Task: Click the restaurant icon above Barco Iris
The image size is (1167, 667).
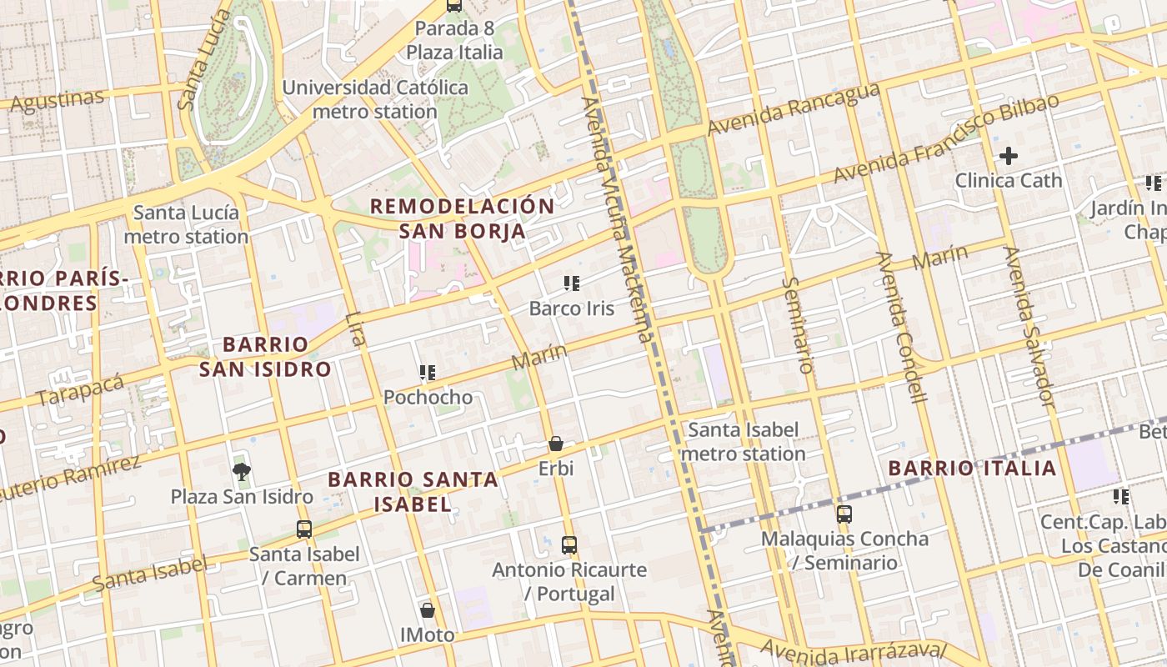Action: tap(571, 283)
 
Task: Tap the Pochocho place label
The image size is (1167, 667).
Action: tap(428, 397)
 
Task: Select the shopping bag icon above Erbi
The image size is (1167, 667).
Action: tap(556, 444)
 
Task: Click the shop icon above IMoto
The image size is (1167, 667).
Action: tap(428, 610)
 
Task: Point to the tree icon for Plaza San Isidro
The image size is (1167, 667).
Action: tap(242, 473)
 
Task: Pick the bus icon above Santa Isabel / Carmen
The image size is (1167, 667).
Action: tap(304, 529)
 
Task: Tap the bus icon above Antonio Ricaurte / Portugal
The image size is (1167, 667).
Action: tap(569, 545)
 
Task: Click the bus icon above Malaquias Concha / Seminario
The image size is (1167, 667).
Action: tap(844, 514)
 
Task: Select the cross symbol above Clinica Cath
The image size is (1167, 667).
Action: tap(1009, 156)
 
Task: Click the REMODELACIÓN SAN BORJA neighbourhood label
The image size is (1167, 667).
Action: tap(462, 218)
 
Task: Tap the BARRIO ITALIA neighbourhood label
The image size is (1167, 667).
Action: tap(972, 468)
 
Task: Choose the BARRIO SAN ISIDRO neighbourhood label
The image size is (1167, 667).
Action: tap(265, 357)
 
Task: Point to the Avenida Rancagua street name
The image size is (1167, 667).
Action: tap(794, 109)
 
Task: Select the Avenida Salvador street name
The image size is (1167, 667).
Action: tap(1029, 327)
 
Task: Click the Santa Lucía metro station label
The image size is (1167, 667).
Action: tap(186, 224)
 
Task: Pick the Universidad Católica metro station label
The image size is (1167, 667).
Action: tap(375, 99)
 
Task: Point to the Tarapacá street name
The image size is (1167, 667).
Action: tap(80, 390)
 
